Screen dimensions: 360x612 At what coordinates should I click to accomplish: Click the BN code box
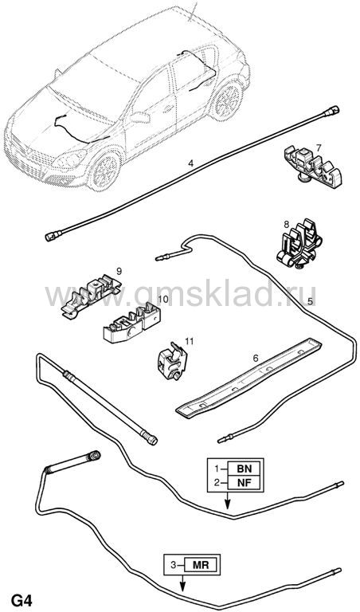click(245, 468)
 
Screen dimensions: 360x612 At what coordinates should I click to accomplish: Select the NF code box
click(245, 483)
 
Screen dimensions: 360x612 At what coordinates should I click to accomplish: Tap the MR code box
click(201, 565)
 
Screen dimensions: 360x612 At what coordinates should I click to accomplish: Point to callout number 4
click(190, 163)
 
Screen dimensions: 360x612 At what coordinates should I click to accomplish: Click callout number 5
click(310, 301)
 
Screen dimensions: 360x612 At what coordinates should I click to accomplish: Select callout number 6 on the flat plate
click(256, 358)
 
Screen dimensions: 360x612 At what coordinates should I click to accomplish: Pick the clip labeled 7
click(311, 167)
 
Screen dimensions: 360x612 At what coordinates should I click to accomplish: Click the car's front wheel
click(104, 171)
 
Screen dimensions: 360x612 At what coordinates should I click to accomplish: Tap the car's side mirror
click(141, 117)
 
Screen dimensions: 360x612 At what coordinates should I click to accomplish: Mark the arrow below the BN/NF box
click(227, 500)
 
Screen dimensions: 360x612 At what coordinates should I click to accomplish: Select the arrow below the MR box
click(182, 583)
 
